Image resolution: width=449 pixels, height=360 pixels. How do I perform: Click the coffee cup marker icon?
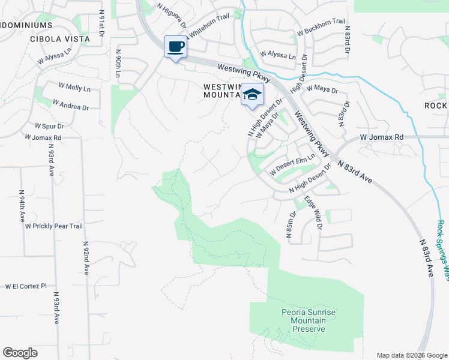[175, 47]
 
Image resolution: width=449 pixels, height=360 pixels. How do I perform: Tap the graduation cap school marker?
[253, 95]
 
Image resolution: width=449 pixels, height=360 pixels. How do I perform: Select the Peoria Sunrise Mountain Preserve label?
[308, 320]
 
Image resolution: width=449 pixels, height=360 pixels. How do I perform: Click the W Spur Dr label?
[49, 126]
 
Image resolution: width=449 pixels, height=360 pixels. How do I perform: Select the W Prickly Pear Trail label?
[53, 226]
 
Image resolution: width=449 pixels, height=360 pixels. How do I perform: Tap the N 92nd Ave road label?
[85, 259]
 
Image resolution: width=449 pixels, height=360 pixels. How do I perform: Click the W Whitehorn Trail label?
[208, 27]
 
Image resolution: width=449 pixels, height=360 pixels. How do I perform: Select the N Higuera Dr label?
[172, 16]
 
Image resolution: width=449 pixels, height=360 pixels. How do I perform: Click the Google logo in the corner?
[20, 353]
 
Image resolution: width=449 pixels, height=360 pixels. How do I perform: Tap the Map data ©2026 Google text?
[411, 355]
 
